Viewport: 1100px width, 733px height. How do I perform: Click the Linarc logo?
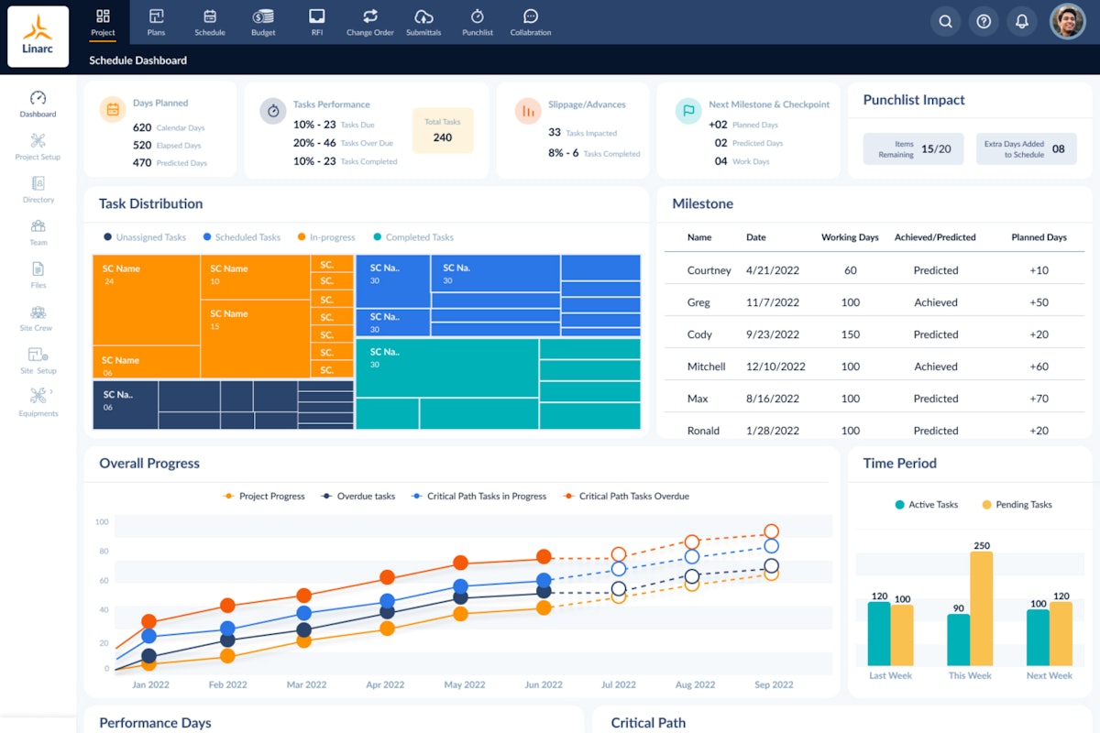click(x=38, y=37)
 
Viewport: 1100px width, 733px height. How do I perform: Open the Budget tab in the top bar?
click(x=263, y=22)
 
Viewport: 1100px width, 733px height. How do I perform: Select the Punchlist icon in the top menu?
click(x=478, y=22)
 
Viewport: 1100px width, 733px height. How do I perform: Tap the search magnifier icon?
click(x=945, y=21)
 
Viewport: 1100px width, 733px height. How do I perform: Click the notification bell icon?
click(x=1021, y=21)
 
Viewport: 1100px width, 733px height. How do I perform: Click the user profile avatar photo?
click(x=1067, y=21)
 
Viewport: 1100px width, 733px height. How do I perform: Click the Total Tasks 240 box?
click(x=443, y=130)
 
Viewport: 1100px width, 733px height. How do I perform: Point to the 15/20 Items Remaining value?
click(x=936, y=148)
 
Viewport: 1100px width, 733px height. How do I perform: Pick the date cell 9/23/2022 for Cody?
click(x=773, y=334)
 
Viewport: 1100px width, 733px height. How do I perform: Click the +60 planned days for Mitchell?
click(x=1039, y=366)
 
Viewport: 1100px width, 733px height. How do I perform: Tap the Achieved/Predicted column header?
click(x=935, y=237)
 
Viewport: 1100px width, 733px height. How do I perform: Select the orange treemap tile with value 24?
click(x=147, y=300)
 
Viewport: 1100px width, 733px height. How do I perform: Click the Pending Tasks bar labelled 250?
click(x=981, y=608)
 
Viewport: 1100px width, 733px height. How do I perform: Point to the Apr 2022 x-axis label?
click(x=386, y=684)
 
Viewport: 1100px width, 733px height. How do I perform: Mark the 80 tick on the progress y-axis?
click(x=102, y=552)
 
